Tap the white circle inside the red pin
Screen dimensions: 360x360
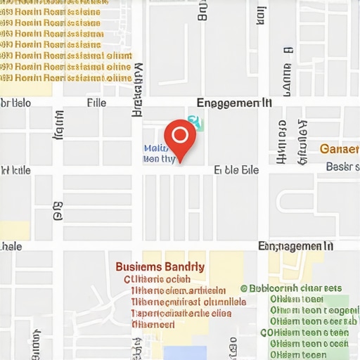(x=180, y=134)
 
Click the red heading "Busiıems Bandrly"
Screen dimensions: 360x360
(x=160, y=267)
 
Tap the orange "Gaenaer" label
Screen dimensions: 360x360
(x=340, y=149)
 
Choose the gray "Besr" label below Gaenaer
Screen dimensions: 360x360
(x=342, y=167)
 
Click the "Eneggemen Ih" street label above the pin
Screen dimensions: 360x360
(x=234, y=103)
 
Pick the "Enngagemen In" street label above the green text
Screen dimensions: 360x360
(x=295, y=246)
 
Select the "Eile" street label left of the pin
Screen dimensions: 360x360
(x=96, y=103)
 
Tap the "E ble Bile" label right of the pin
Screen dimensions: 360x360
(x=236, y=170)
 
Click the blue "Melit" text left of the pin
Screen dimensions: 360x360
(x=155, y=148)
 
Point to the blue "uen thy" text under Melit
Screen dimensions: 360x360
(x=159, y=160)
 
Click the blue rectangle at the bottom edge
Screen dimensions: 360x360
(x=185, y=352)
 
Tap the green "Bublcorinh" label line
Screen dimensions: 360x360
(x=295, y=288)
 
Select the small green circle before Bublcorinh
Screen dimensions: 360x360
(x=244, y=288)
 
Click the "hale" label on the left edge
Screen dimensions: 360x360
(x=12, y=247)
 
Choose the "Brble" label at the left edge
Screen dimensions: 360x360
(x=15, y=103)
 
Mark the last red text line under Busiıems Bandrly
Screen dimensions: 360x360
(x=153, y=325)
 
